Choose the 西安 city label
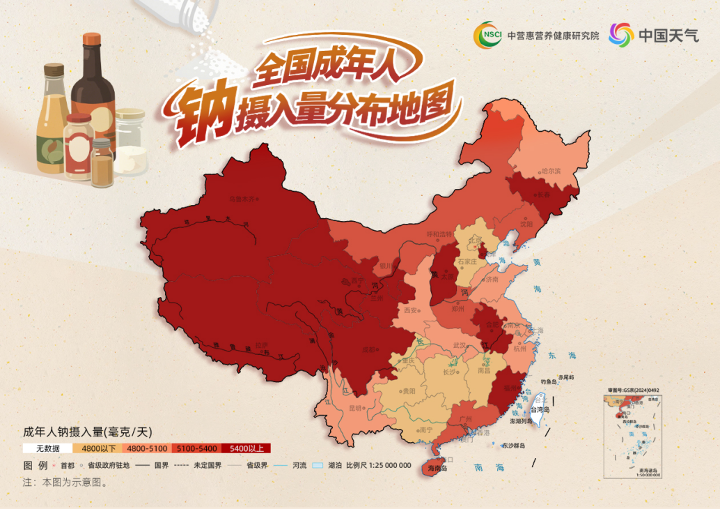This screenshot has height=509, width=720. tap(410, 310)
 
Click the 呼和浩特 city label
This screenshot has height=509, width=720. tap(439, 234)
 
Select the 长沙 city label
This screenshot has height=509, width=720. tap(451, 372)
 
